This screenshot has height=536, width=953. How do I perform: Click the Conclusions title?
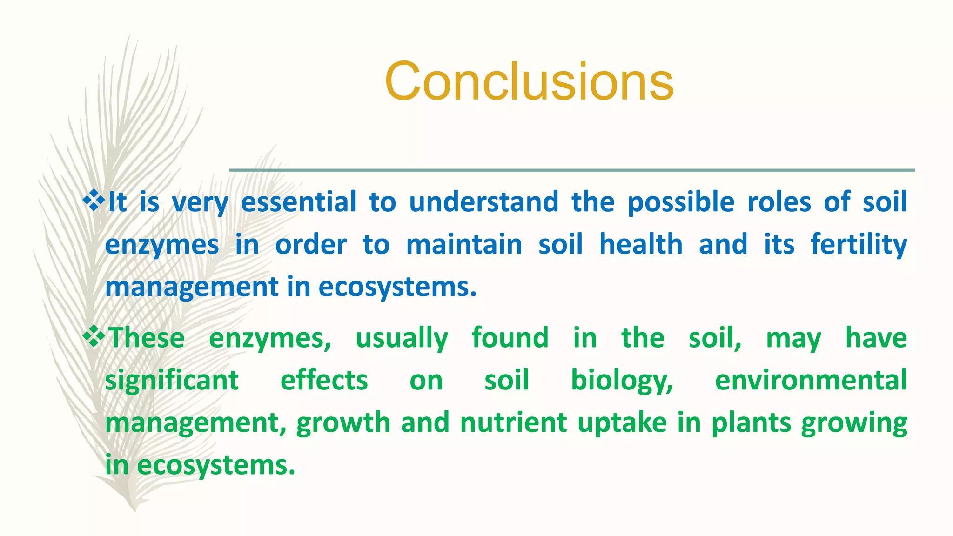[x=529, y=81]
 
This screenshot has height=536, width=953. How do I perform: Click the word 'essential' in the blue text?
[x=299, y=202]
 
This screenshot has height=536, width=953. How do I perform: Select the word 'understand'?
[x=483, y=202]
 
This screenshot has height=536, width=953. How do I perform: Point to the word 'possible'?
[x=681, y=203]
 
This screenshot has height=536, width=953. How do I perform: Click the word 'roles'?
[x=779, y=202]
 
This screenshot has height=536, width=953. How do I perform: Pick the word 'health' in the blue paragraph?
[x=641, y=245]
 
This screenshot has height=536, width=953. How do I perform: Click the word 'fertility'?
[x=859, y=245]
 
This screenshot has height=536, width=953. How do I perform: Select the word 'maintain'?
[x=464, y=245]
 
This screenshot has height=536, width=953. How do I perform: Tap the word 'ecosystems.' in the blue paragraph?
[x=398, y=287]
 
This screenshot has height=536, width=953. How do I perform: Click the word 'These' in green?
[x=146, y=338]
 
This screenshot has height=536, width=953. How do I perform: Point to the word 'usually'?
[x=402, y=339]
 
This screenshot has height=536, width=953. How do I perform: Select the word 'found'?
[x=510, y=338]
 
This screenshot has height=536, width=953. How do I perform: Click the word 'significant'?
[x=172, y=381]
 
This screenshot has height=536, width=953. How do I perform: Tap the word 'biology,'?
[x=622, y=381]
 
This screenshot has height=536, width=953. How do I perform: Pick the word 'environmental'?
[x=811, y=380]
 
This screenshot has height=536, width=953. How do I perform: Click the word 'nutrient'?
[x=513, y=423]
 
